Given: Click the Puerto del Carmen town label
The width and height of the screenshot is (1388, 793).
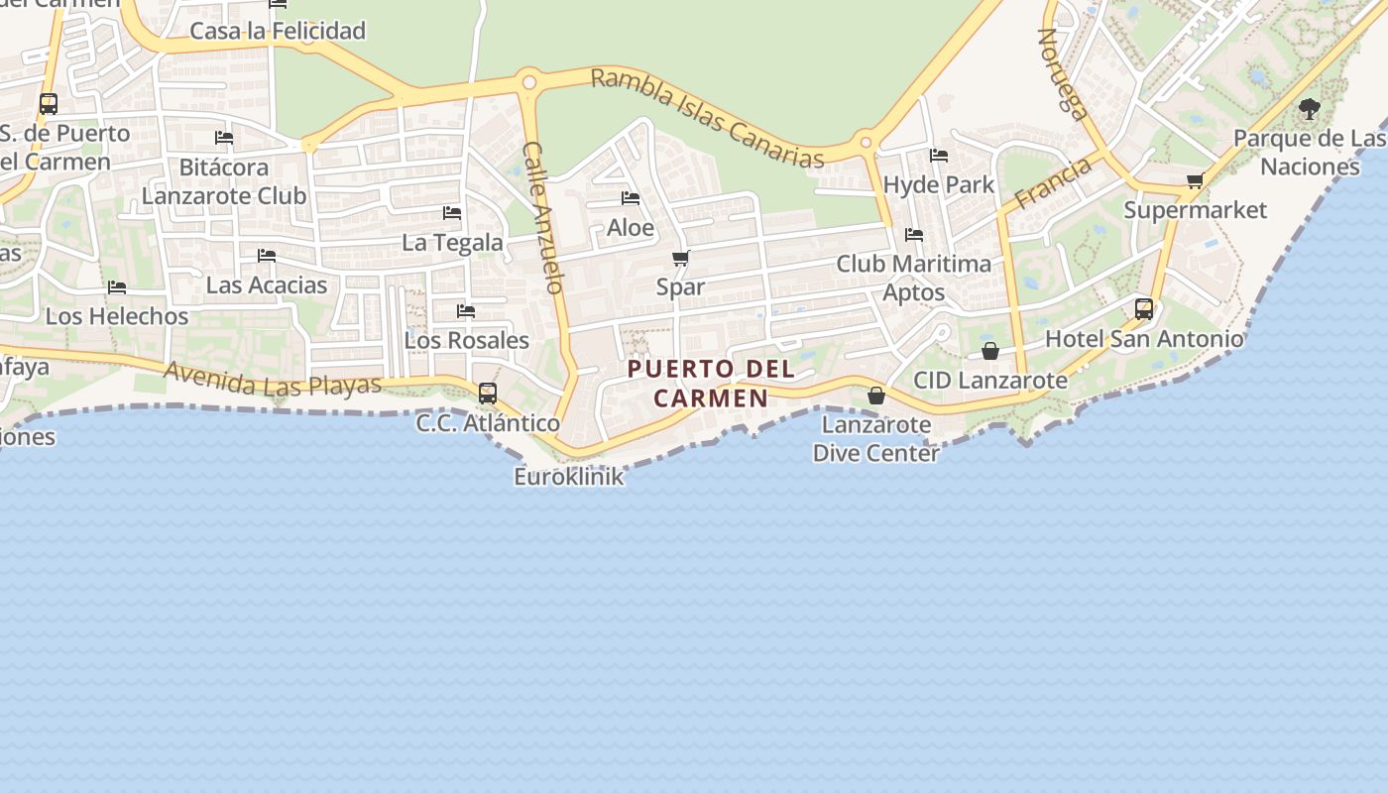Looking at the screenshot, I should click(x=711, y=384).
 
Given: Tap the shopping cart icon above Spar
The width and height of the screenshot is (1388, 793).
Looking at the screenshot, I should click(x=680, y=259).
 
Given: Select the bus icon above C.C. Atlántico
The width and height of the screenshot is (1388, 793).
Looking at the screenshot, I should click(x=487, y=393).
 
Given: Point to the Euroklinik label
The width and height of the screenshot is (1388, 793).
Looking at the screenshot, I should click(x=569, y=477).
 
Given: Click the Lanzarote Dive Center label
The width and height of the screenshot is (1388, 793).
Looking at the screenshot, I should click(x=875, y=439).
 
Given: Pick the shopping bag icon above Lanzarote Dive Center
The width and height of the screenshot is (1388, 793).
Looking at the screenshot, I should click(x=876, y=396).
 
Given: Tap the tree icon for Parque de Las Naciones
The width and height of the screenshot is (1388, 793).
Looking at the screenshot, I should click(x=1309, y=109).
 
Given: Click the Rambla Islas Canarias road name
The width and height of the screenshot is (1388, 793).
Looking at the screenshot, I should click(x=708, y=118).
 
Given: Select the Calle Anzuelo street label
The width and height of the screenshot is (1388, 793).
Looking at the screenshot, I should click(x=543, y=217).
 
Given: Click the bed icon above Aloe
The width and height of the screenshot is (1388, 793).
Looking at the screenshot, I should click(x=631, y=198).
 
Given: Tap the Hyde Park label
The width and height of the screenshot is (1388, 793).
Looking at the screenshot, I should click(x=938, y=185).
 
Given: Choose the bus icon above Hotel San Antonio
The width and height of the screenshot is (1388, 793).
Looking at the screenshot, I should click(x=1144, y=309).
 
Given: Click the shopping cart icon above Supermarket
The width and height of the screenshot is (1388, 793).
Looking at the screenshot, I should click(x=1195, y=180).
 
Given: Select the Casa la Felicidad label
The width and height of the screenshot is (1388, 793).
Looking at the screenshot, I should click(x=278, y=31).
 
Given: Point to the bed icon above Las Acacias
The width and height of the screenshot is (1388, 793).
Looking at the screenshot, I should click(x=266, y=256).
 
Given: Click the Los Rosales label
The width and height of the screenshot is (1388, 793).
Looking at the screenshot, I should click(x=466, y=340).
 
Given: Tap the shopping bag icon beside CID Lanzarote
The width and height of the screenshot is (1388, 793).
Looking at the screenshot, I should click(x=989, y=351).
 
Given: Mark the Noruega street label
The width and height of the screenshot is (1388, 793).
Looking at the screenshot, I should click(x=1062, y=73).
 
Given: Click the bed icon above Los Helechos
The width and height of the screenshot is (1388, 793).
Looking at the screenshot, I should click(x=117, y=287).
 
